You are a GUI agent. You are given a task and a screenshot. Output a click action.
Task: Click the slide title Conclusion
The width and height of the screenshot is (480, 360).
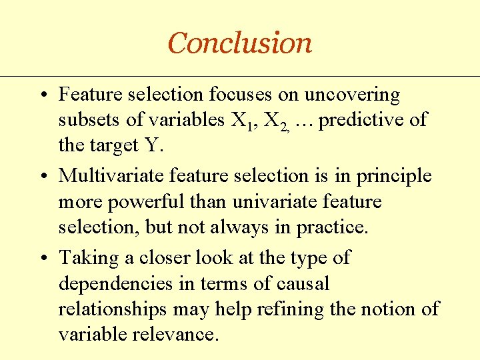239,43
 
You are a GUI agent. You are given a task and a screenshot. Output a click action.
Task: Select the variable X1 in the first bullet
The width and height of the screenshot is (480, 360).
241,121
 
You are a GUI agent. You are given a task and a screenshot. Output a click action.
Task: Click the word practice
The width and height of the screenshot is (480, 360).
330,227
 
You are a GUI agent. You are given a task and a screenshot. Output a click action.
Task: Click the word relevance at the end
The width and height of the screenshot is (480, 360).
176,334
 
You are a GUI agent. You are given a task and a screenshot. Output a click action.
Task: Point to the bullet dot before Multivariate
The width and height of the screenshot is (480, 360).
42,177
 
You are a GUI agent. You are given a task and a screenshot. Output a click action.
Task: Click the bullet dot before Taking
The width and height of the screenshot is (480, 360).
42,258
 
